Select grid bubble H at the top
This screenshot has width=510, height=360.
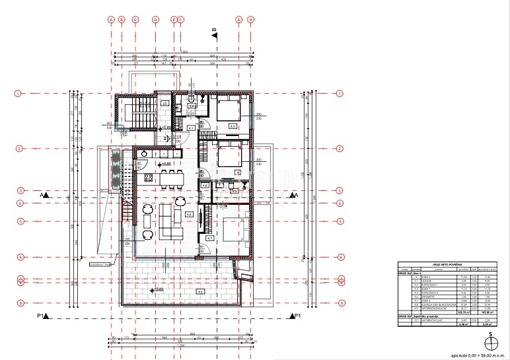click(251, 20)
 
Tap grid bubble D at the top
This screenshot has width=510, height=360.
click(155, 20)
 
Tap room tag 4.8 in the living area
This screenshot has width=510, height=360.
click(189, 214)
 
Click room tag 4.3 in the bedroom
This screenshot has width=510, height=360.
click(233, 125)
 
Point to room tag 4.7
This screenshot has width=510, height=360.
click(209, 237)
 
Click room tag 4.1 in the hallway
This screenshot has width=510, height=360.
click(190, 127)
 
